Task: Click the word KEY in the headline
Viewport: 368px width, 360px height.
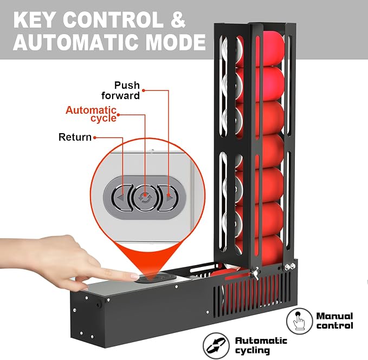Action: click(x=35, y=20)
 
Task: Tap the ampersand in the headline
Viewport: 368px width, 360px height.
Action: click(x=177, y=20)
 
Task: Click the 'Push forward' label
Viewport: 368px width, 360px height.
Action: click(x=121, y=90)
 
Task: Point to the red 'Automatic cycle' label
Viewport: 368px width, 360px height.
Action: click(x=91, y=114)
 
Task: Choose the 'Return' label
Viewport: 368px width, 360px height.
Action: click(x=75, y=137)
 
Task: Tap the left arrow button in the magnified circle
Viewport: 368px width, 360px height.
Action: click(x=121, y=198)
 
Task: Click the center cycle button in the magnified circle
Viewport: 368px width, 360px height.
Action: click(x=145, y=198)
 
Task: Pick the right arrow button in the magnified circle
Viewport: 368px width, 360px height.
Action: click(x=168, y=198)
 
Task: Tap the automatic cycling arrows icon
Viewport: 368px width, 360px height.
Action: click(x=216, y=346)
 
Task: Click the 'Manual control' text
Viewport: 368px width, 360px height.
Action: click(x=334, y=320)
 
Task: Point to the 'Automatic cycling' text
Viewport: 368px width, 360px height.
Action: click(x=261, y=345)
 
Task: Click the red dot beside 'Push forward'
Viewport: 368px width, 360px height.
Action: click(x=144, y=90)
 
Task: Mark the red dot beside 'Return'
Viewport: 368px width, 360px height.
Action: click(x=95, y=138)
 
